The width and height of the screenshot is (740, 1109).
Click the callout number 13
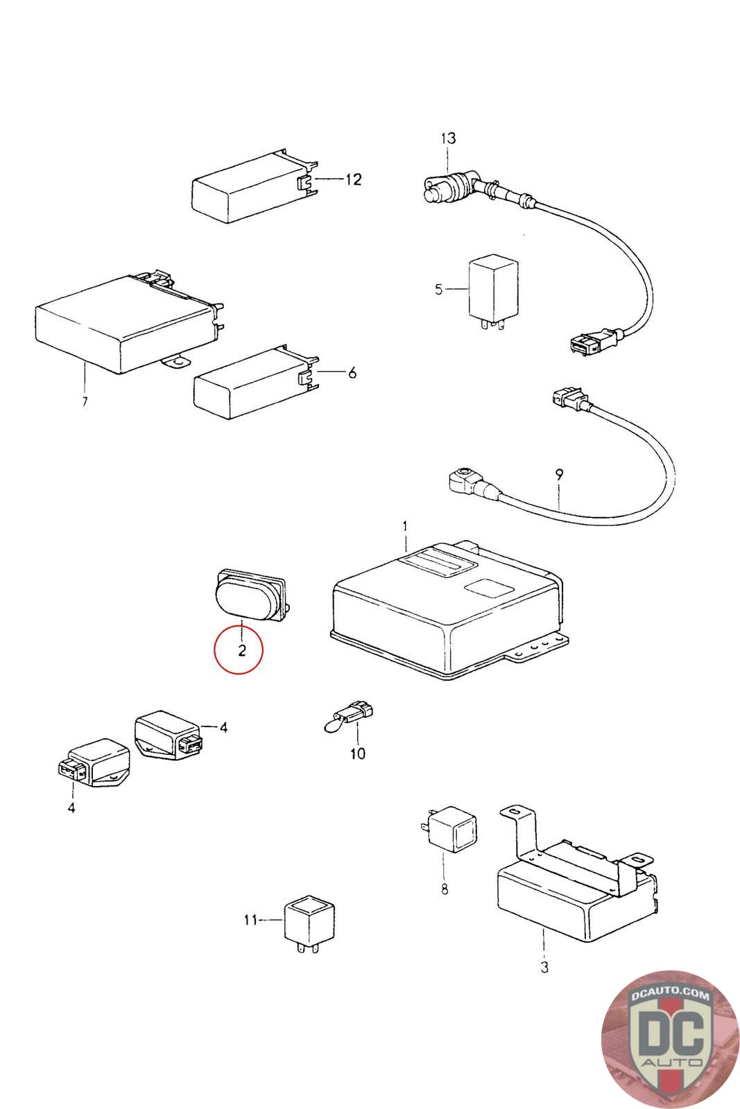point(448,138)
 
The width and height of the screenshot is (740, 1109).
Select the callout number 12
point(353,180)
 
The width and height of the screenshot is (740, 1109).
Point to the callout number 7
point(85,402)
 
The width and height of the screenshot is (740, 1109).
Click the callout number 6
point(352,373)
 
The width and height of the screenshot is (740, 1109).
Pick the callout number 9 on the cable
point(559,475)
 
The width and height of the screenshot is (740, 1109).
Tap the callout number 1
point(406,527)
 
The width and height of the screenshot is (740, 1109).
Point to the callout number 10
point(357,753)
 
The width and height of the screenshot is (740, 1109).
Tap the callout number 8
point(445,889)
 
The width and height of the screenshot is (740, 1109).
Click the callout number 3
point(544,966)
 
